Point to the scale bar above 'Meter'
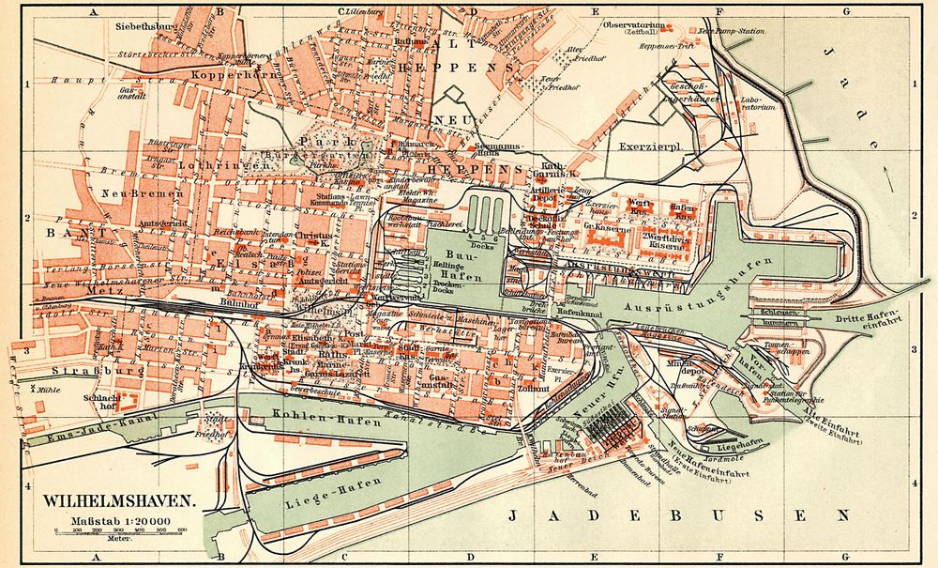click(x=118, y=531)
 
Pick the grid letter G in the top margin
click(x=845, y=11)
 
